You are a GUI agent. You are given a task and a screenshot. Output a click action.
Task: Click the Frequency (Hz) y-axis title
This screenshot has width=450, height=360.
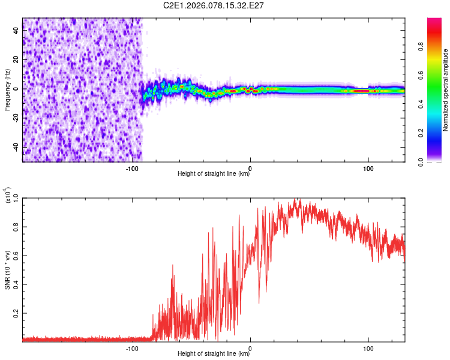tap(7, 90)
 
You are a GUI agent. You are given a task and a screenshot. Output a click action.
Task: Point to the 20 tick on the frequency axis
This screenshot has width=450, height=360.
tap(16, 59)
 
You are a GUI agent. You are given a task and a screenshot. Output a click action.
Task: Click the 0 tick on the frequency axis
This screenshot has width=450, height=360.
tap(16, 89)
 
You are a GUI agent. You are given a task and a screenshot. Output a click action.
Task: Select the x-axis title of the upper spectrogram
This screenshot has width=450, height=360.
tap(214, 174)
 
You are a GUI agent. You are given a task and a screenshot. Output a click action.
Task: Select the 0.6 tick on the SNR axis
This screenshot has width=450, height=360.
tap(16, 256)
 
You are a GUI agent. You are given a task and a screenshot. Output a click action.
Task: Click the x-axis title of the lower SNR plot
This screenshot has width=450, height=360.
tap(214, 354)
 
